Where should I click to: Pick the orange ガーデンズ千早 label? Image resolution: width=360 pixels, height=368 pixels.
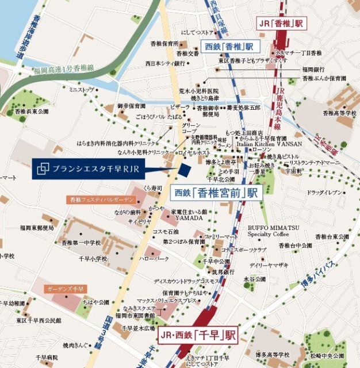pos(66,289)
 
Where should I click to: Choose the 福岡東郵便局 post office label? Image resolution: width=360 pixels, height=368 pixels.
pos(36,228)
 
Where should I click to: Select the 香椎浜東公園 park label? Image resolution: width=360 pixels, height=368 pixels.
pos(32,111)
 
